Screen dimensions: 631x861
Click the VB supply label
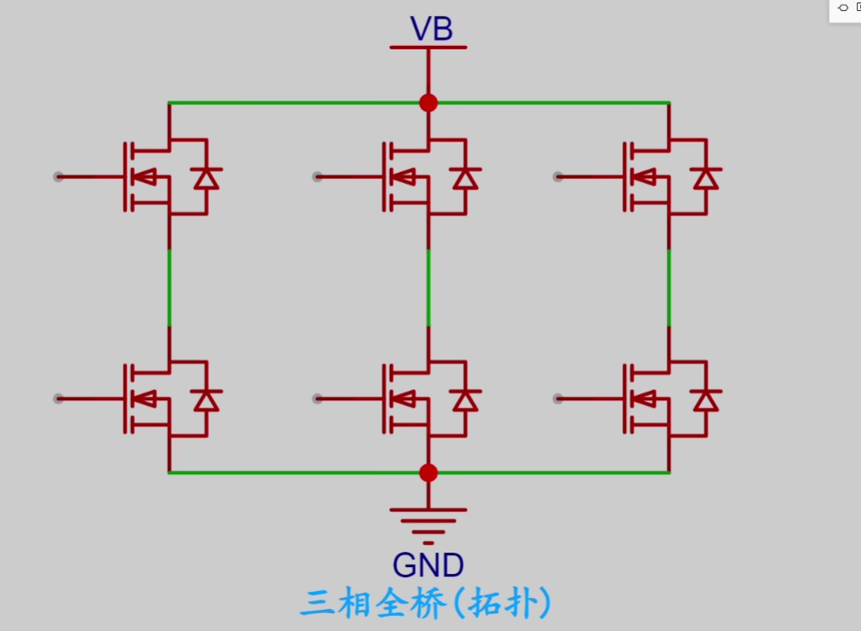tap(431, 29)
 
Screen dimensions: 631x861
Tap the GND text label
tap(428, 565)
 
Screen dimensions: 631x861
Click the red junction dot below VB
tap(428, 103)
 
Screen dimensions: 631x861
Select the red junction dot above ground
tap(428, 473)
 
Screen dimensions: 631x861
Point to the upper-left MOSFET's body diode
tap(206, 178)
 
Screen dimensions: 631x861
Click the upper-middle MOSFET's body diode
tap(465, 178)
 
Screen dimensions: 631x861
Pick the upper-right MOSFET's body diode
tap(705, 178)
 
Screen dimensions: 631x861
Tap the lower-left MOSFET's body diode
tap(206, 399)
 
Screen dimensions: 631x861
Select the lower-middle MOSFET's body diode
tap(465, 399)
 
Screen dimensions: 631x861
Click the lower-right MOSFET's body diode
tap(705, 399)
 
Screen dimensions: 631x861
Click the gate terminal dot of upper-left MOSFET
tap(58, 177)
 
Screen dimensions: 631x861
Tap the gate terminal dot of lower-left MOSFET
tap(58, 399)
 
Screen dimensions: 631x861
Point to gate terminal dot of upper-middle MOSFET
tap(317, 177)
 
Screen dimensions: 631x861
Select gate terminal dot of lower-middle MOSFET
tap(317, 399)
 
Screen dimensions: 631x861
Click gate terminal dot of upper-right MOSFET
tap(558, 177)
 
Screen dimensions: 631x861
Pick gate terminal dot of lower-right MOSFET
tap(558, 399)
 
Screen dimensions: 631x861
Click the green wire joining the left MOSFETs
tap(169, 287)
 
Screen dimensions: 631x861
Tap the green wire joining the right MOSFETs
tap(669, 287)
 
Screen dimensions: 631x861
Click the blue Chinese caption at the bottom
tap(425, 604)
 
